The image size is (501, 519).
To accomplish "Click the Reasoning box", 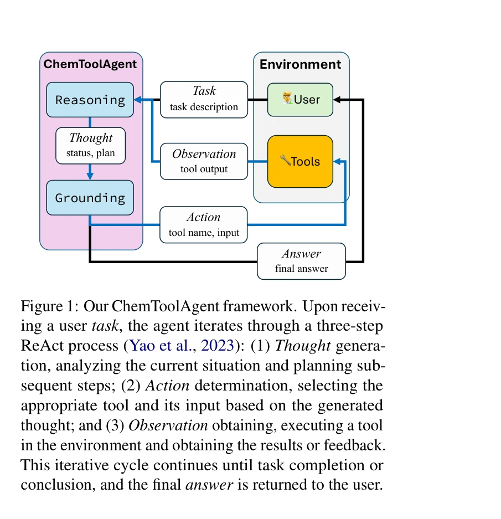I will tap(90, 100).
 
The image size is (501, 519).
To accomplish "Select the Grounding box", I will tap(90, 198).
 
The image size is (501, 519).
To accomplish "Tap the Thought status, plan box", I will tap(90, 146).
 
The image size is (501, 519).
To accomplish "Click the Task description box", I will tap(204, 100).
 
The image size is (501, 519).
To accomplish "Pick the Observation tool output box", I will tap(204, 161).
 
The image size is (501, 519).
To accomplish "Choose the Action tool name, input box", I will tap(204, 225).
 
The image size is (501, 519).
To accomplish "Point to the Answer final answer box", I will tap(301, 261).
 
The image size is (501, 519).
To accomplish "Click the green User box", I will tap(300, 100).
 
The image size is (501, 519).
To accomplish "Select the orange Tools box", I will tap(300, 161).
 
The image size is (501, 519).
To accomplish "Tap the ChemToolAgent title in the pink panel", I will tap(90, 64).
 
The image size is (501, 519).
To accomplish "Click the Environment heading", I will tap(300, 64).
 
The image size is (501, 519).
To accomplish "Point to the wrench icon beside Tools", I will tap(285, 161).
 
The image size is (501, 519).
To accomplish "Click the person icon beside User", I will tap(287, 99).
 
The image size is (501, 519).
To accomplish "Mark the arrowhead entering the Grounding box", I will tap(90, 176).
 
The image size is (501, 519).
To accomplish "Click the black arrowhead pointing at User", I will tap(338, 100).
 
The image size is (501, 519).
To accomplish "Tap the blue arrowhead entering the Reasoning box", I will tap(138, 100).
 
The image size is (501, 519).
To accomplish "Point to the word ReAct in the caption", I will tap(38, 346).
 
